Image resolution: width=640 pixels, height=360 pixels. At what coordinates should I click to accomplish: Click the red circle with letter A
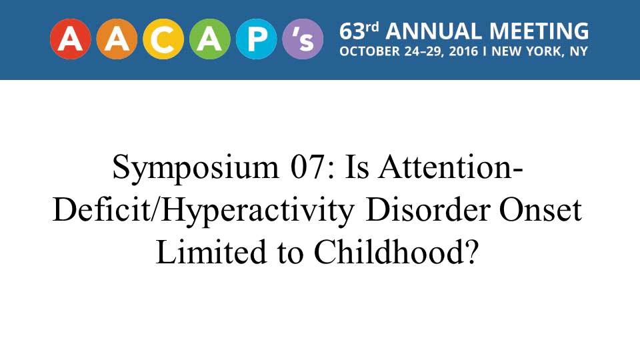coord(70,39)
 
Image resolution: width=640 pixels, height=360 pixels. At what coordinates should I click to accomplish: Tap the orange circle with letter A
coord(117,39)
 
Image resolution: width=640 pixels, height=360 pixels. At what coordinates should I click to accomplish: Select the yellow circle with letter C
coord(163,39)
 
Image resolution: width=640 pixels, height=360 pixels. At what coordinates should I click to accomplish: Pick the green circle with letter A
coord(210,39)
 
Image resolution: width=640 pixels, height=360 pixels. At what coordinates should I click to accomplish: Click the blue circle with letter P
coord(256,39)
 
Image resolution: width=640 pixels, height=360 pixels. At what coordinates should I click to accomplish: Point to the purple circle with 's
coord(303,39)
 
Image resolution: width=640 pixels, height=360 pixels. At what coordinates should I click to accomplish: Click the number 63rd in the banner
coord(359,31)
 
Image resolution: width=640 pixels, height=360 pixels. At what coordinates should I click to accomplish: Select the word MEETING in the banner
coord(539,31)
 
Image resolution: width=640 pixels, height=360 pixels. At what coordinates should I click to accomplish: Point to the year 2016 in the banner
coord(463,52)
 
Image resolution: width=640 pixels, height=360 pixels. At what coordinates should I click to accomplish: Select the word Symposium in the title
coord(196,168)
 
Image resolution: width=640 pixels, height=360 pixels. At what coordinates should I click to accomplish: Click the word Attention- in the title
coord(451,167)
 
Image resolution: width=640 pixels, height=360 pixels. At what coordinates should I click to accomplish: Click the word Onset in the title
coord(541,211)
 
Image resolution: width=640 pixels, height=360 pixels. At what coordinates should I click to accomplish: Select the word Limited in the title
coord(211,252)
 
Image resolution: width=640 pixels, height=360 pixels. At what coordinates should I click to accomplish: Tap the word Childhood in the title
coord(389,252)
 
